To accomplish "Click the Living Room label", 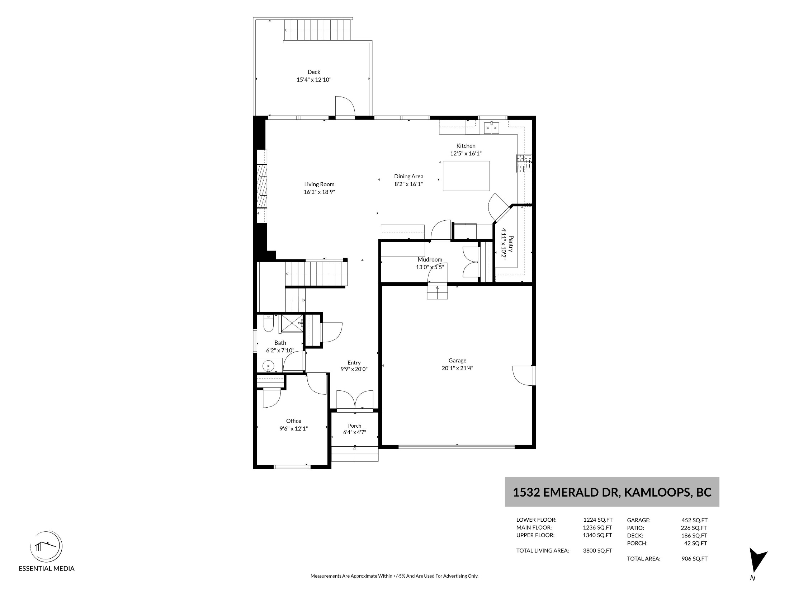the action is point(319,184).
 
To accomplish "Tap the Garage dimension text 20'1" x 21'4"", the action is point(457,368).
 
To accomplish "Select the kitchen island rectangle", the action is point(466,176).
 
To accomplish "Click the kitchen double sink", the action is point(492,128).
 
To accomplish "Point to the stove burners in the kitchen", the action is point(524,164).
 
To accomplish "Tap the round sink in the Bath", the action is point(268,366).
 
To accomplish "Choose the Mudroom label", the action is point(430,259).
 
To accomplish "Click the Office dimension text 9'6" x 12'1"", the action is point(294,428).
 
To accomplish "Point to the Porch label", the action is point(355,426).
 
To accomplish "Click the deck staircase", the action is point(317,30).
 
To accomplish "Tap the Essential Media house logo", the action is point(46,547).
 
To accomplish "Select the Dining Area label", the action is point(409,176).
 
